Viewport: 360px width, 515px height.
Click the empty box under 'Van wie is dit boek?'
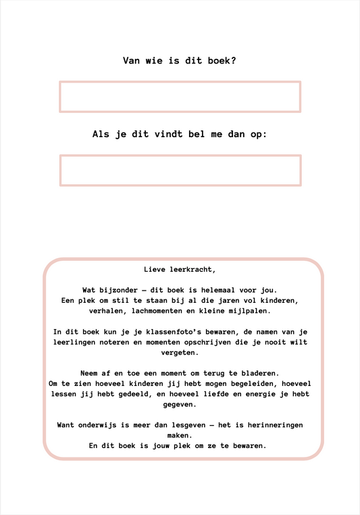click(180, 97)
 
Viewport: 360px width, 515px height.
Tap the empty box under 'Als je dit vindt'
click(180, 170)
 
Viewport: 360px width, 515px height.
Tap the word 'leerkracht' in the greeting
click(192, 269)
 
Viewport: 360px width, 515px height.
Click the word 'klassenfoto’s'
click(160, 332)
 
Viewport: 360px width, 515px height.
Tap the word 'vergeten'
click(180, 353)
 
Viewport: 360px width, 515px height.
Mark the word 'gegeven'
click(180, 405)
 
